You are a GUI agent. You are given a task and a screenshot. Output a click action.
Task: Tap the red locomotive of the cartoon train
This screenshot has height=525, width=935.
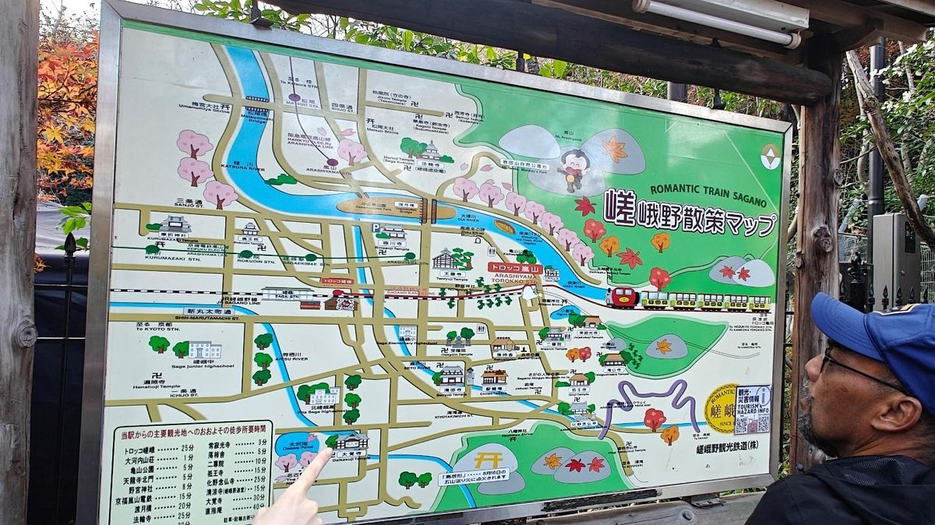tap(623, 297)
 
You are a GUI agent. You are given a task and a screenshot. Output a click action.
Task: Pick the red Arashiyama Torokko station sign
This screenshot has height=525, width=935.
tap(514, 267)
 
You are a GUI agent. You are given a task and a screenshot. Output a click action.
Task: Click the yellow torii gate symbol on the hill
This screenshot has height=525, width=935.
tap(488, 460)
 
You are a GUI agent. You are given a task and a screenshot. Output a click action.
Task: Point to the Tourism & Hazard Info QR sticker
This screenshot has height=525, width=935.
tap(752, 410)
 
